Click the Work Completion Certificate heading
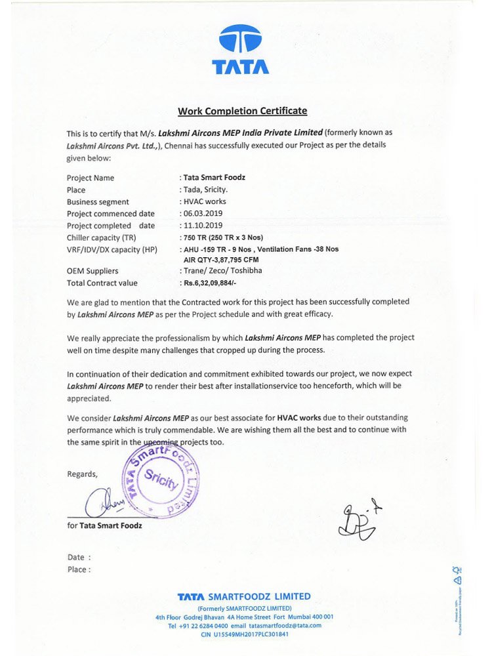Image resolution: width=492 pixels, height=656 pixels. [x=242, y=111]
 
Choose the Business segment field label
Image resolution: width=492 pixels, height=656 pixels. [x=98, y=201]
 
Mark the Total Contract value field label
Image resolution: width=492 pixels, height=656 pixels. [x=102, y=283]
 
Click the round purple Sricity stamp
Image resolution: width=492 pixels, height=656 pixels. [x=161, y=482]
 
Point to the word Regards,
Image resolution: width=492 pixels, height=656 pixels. [x=82, y=474]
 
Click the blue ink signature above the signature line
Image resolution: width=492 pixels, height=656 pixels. [x=102, y=503]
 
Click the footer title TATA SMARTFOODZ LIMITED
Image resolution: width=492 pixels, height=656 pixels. [x=244, y=596]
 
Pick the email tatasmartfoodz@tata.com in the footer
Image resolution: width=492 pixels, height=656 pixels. [x=285, y=626]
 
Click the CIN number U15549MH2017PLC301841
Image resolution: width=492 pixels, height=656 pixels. [x=244, y=634]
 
